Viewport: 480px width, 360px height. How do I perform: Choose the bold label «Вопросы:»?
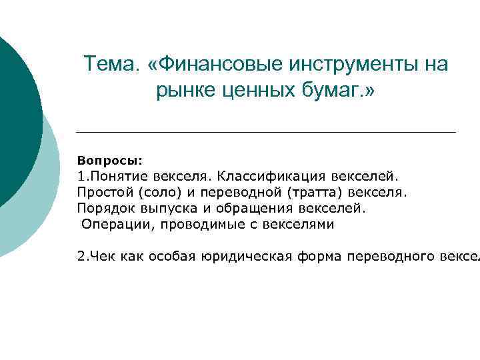(x=109, y=161)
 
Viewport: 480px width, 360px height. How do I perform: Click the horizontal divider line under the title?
(x=266, y=132)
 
